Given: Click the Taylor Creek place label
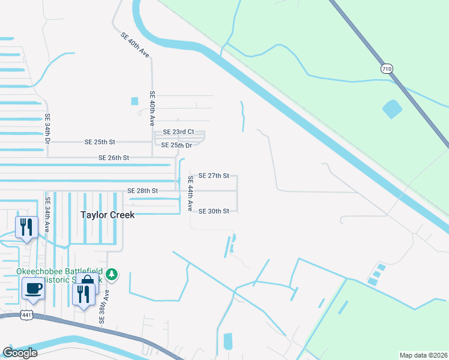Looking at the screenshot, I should coord(107,214).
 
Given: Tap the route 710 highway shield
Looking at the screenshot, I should coord(387,69).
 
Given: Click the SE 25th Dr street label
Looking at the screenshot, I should coord(176,145).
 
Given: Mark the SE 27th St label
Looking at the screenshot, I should coord(214,176).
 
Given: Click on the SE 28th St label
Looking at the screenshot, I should coord(142,191).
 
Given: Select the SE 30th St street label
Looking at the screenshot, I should coord(214,211).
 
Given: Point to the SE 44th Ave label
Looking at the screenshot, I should coord(190,193).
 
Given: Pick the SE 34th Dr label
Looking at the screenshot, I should coord(47,129).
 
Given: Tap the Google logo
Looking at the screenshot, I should coord(20,353).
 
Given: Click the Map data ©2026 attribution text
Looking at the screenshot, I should coord(423,355).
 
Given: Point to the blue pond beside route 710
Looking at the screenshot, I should coord(392,109).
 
